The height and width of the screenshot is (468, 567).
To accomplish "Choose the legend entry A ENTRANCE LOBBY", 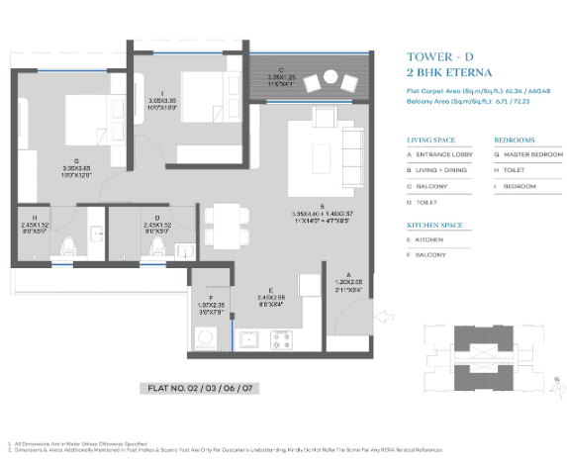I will point(442,154).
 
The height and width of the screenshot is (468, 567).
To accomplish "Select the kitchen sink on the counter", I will point(248,342).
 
